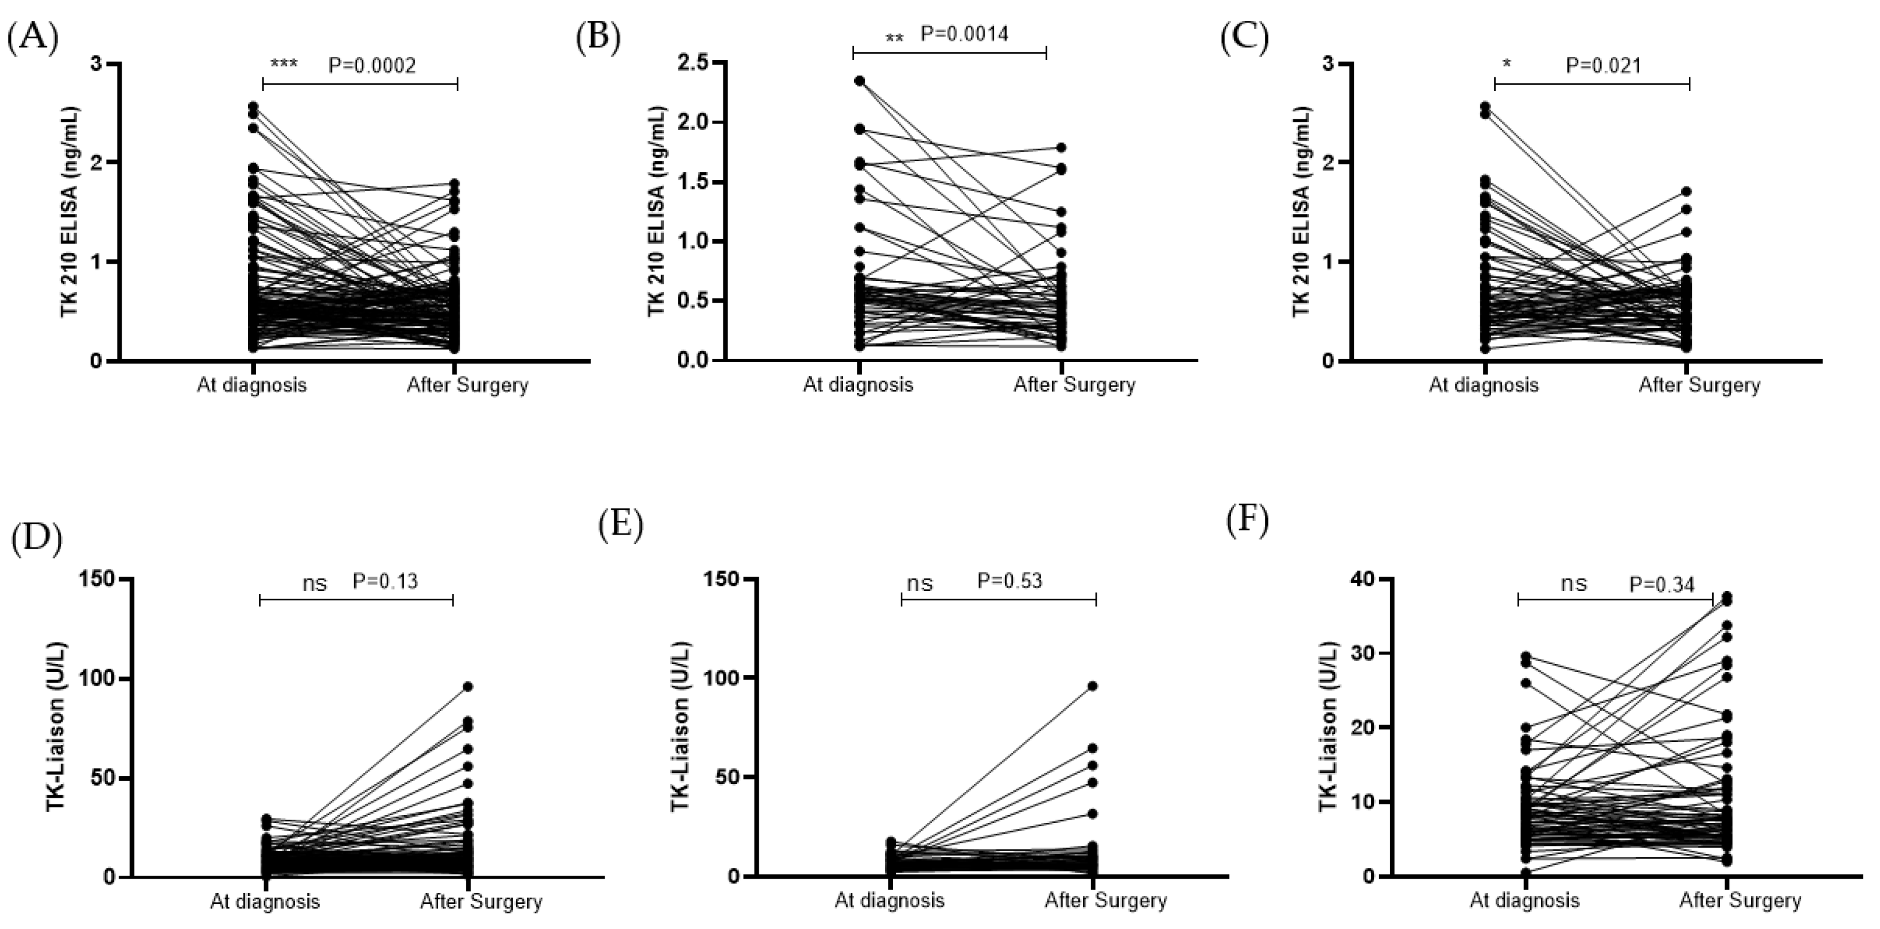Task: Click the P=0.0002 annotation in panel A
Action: [372, 66]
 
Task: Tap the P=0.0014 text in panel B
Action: [964, 34]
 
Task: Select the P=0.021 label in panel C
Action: [1603, 66]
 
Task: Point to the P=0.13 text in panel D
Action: [385, 581]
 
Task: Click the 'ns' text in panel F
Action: [1574, 583]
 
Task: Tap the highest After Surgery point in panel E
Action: [1093, 686]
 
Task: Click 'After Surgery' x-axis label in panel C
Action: [1699, 385]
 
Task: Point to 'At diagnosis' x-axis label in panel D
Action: [265, 901]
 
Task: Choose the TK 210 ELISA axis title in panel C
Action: [1300, 212]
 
